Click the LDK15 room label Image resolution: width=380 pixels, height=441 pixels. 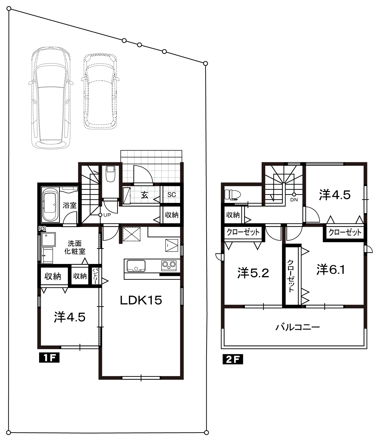[141, 300]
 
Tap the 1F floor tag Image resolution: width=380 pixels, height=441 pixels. [49, 358]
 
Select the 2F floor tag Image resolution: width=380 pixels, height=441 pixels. [233, 360]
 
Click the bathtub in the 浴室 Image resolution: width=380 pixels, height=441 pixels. [51, 205]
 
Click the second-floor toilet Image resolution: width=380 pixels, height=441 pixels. [232, 195]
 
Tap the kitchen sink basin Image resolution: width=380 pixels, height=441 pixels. [136, 266]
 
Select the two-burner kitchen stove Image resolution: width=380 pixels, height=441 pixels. [169, 265]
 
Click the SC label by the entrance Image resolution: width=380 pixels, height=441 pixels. [171, 195]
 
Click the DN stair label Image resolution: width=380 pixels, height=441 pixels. [294, 200]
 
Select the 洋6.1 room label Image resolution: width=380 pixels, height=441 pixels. [331, 270]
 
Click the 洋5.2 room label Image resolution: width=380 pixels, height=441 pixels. [253, 273]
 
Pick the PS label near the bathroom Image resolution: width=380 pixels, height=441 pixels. [42, 229]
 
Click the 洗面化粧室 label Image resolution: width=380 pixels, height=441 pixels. [75, 247]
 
